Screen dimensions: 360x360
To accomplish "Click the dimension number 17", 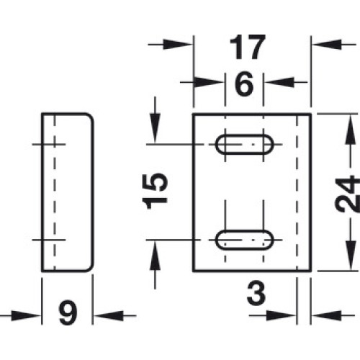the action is (x=248, y=48).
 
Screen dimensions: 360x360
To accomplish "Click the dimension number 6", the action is (x=244, y=84).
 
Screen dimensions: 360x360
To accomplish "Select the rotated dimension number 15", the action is (x=155, y=191).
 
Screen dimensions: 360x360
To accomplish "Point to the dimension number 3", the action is (x=256, y=293).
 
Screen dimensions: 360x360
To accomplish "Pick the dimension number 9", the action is (x=68, y=312).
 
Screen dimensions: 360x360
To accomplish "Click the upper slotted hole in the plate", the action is (x=244, y=145).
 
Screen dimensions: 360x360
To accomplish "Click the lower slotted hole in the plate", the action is (x=244, y=240).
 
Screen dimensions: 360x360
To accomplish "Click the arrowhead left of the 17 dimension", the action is (x=178, y=45).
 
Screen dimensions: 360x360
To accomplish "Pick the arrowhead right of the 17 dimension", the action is (x=326, y=45).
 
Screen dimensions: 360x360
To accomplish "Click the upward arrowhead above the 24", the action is (x=351, y=130).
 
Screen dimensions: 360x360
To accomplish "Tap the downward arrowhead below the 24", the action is (x=351, y=256).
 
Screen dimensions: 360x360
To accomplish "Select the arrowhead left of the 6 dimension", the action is (x=210, y=82).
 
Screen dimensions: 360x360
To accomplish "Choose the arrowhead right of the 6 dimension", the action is (x=279, y=82).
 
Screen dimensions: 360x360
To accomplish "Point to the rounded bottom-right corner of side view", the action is (x=90, y=269).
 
